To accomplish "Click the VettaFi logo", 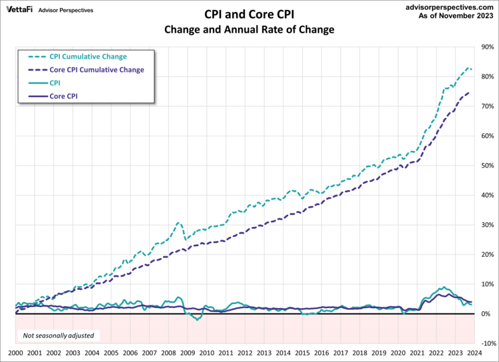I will pos(19,11).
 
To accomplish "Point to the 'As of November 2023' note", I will pos(455,16).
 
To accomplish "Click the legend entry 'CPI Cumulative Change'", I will pos(88,57).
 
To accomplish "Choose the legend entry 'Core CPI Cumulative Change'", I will pos(96,70).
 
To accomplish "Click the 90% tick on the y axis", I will pos(486,47).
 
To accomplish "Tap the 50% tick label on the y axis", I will pos(486,166).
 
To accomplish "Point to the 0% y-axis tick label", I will pos(486,313).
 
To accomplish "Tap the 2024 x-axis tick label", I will pos(474,353).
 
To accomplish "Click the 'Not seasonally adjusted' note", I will pos(59,335).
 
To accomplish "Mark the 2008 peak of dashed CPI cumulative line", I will pos(178,223).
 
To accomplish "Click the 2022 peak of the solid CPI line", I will pos(443,287).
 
